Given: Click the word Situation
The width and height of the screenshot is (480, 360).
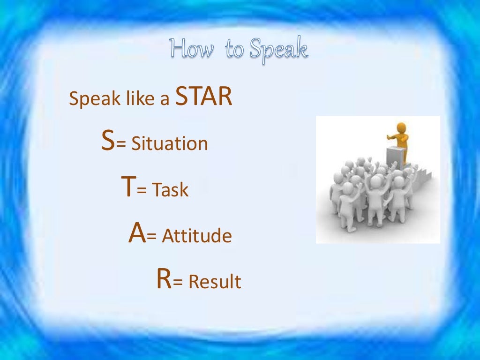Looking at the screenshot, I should tap(169, 143).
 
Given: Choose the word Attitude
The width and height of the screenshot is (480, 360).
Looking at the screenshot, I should tap(196, 236).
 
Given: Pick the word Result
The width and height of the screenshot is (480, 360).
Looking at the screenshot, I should tap(214, 282).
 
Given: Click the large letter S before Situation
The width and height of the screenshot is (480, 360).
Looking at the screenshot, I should tap(108, 142).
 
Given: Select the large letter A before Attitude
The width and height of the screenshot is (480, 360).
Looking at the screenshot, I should tap(137, 234).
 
